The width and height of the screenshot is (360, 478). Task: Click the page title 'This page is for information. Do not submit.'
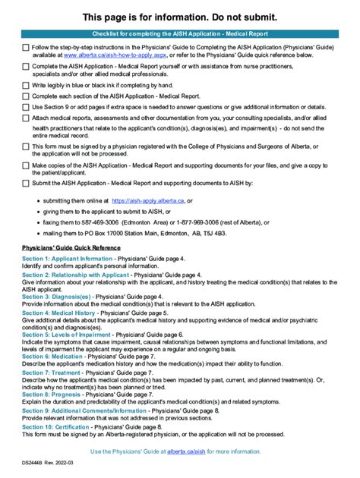pyautogui.click(x=180, y=17)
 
